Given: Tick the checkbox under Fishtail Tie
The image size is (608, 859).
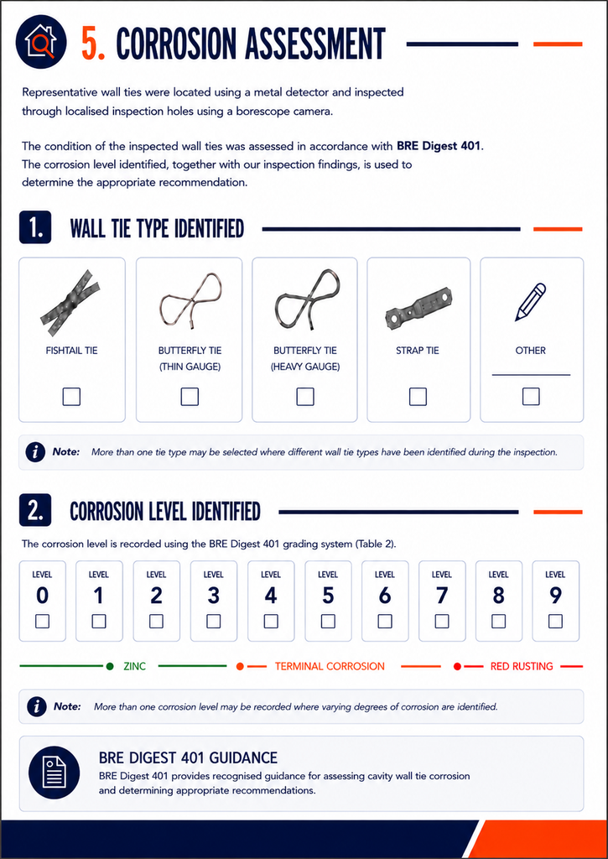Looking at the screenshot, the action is pyautogui.click(x=72, y=396).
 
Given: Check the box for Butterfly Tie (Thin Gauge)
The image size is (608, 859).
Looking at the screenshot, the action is pyautogui.click(x=190, y=396).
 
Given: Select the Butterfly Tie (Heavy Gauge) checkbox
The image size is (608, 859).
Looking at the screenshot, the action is pyautogui.click(x=305, y=396).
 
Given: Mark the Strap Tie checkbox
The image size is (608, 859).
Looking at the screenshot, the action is pyautogui.click(x=418, y=396).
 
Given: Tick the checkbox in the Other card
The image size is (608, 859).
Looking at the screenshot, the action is pyautogui.click(x=531, y=396).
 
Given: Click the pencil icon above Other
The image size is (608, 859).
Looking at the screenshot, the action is pyautogui.click(x=531, y=302).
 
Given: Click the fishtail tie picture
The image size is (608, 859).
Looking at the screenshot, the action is pyautogui.click(x=70, y=302).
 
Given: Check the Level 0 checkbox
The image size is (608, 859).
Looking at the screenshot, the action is pyautogui.click(x=42, y=621).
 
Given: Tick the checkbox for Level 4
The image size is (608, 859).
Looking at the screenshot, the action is pyautogui.click(x=271, y=621).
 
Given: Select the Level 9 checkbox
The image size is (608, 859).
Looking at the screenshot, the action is pyautogui.click(x=555, y=621).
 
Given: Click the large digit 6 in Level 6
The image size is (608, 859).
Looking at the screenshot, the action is pyautogui.click(x=385, y=596).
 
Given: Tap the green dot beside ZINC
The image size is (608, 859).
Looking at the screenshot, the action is pyautogui.click(x=110, y=666).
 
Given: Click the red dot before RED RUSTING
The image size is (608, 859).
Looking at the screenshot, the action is pyautogui.click(x=457, y=666).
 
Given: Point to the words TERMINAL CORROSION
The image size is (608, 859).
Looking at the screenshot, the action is pyautogui.click(x=330, y=666).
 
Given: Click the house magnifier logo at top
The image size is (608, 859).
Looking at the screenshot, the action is pyautogui.click(x=41, y=42).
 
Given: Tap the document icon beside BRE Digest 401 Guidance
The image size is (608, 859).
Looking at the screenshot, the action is pyautogui.click(x=55, y=773).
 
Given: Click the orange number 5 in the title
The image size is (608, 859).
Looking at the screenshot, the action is pyautogui.click(x=93, y=44).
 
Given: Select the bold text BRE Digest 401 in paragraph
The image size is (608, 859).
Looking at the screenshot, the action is pyautogui.click(x=439, y=146).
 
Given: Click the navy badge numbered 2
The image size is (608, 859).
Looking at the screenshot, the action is pyautogui.click(x=35, y=509).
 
